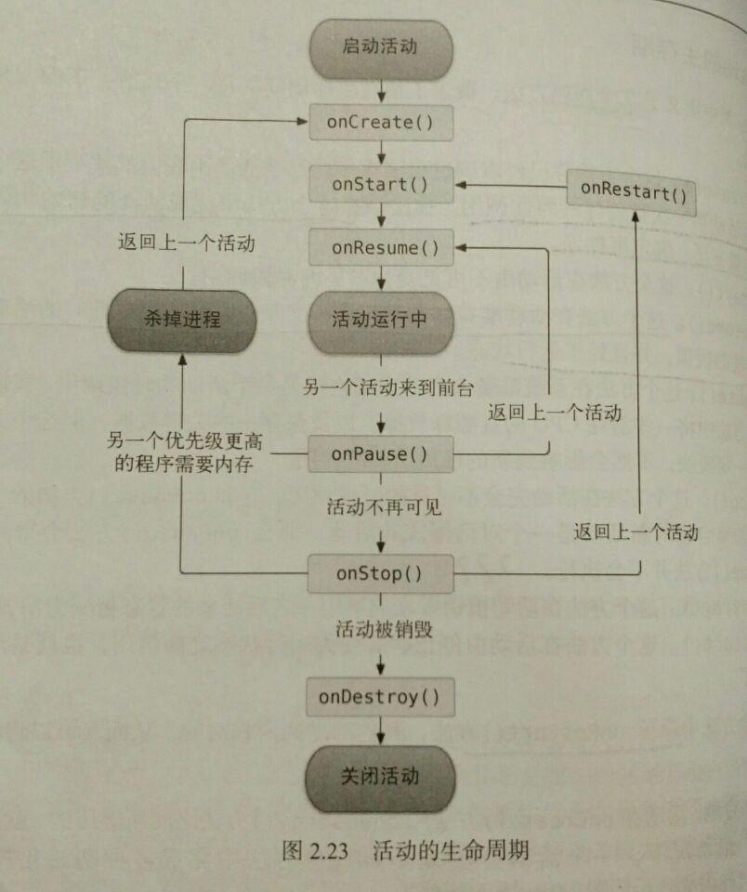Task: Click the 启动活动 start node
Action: coord(381,49)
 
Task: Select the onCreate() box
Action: coord(381,123)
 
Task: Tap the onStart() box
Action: coord(381,184)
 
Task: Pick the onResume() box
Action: coord(381,247)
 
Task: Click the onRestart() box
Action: coord(632,192)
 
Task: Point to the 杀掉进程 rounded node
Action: coord(182,321)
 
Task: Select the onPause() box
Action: coord(381,454)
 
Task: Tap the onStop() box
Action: coord(381,573)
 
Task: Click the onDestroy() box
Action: coord(380,697)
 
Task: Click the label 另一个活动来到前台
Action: coord(388,387)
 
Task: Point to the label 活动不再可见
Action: coord(385,506)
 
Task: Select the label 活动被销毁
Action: coord(385,629)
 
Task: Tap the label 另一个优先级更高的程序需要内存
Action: coord(184,453)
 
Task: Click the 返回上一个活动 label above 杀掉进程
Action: coord(187,243)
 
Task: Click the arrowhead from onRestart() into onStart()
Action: coord(461,185)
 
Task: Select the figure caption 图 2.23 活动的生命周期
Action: coord(406,850)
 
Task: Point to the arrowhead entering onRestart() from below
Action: coord(636,216)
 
